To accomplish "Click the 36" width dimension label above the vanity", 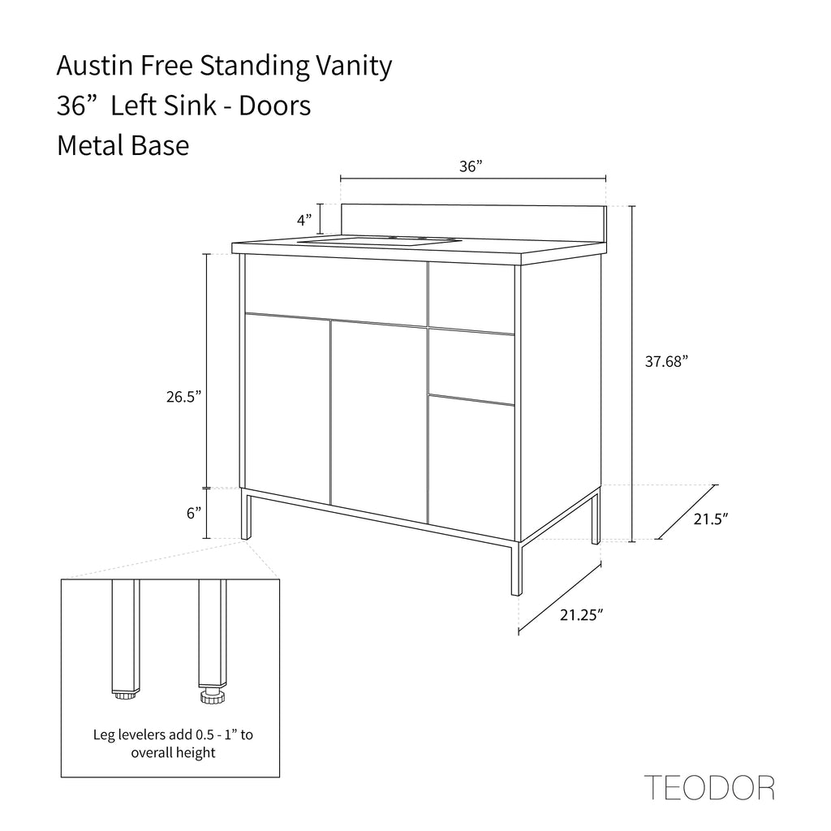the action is [x=471, y=166].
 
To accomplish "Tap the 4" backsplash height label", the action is [x=304, y=220].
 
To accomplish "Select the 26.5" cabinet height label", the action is [x=184, y=396].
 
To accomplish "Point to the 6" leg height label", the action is [x=193, y=513].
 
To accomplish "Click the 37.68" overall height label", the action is [x=666, y=361].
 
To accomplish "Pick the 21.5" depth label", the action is [x=711, y=519].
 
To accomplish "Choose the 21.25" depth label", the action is [x=582, y=615].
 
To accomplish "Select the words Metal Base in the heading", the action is [x=123, y=145].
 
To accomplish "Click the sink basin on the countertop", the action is [x=378, y=241].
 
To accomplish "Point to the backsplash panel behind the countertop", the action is [x=473, y=222].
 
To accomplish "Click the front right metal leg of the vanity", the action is [x=517, y=568].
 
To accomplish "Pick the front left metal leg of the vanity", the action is [x=246, y=514].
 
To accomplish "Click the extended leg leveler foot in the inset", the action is [x=213, y=695].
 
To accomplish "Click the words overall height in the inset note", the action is [x=174, y=752].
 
